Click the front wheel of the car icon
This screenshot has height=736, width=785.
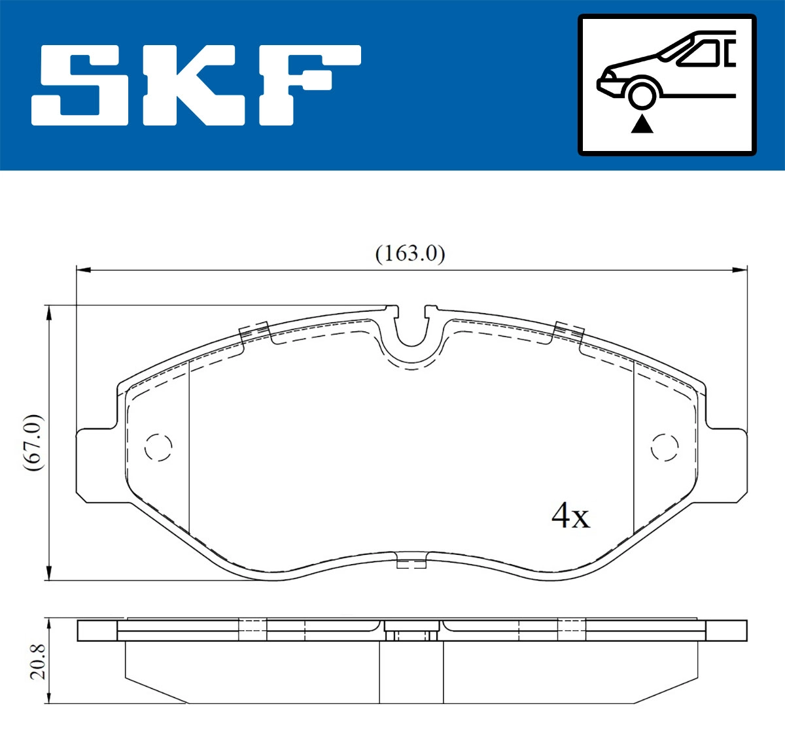[x=641, y=94]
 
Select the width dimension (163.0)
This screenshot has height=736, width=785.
[x=410, y=254]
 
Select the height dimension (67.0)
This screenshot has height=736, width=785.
[x=33, y=443]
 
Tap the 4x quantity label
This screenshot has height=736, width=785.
[x=570, y=516]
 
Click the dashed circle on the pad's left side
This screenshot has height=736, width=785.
[x=158, y=448]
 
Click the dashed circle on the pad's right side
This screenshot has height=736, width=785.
[x=665, y=447]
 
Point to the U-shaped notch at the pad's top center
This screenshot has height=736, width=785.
[x=411, y=330]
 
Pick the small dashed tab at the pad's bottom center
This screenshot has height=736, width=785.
[x=411, y=561]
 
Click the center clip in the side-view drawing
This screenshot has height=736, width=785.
[x=411, y=632]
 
